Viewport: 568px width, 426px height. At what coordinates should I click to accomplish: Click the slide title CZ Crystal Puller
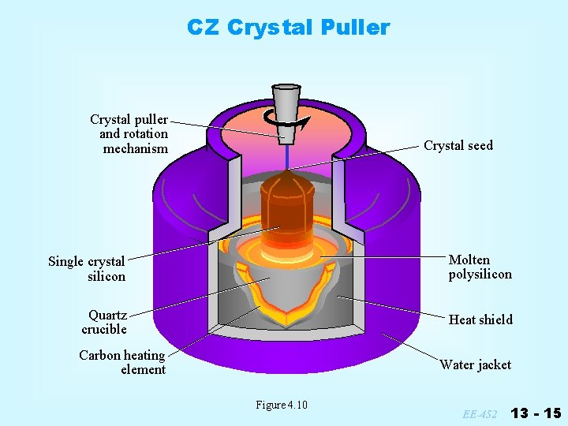(x=288, y=28)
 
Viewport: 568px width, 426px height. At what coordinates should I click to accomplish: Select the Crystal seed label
(x=458, y=145)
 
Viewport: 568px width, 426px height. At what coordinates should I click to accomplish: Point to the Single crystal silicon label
(x=88, y=268)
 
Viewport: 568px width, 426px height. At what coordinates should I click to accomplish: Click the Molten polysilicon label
(x=480, y=267)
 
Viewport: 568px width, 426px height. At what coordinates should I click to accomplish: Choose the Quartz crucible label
(x=105, y=322)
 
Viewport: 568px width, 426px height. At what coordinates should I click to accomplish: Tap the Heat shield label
(x=480, y=319)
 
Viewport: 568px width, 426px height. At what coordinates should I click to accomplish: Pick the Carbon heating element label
(x=123, y=362)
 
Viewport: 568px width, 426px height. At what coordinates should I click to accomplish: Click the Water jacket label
(x=475, y=364)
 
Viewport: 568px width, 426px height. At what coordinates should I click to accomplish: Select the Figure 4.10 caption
(x=281, y=405)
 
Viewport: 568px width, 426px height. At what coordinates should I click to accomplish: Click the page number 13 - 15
(x=536, y=413)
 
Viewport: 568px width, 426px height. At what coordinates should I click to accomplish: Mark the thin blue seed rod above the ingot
(x=286, y=158)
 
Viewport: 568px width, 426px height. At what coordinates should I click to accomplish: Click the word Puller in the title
(x=355, y=28)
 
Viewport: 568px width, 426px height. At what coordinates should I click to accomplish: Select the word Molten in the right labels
(x=469, y=260)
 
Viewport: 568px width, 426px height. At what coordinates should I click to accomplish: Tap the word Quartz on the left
(x=108, y=315)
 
